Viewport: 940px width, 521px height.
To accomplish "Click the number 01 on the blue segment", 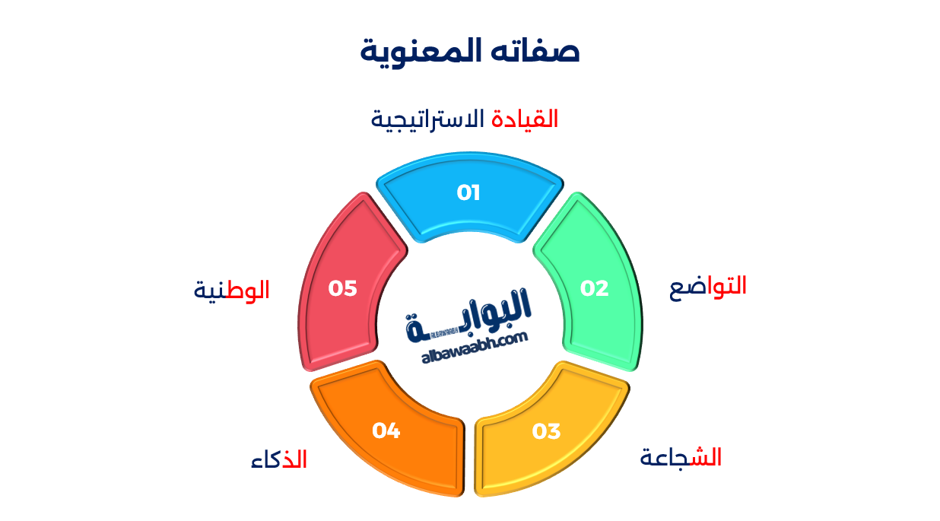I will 468,193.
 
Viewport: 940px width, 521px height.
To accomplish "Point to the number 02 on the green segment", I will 595,288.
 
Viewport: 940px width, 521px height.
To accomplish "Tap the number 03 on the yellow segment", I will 546,432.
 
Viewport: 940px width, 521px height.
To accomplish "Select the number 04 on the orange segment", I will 386,430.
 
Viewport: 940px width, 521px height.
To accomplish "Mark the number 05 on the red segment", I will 342,288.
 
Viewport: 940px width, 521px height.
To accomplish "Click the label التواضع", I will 707,286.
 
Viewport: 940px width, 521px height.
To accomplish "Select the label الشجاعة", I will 681,458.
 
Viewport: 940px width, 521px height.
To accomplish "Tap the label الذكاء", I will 279,460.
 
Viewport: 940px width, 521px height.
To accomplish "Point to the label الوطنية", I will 232,290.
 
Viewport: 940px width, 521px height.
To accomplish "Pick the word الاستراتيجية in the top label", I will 427,119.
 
